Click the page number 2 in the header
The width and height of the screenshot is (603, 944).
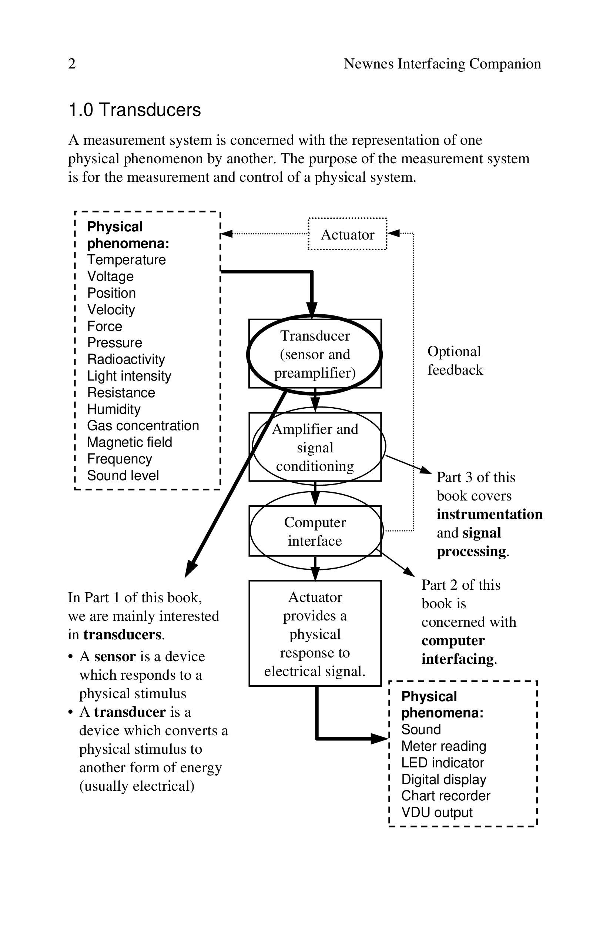[72, 64]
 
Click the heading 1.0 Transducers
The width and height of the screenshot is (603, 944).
[134, 110]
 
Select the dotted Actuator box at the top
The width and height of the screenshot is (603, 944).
[347, 234]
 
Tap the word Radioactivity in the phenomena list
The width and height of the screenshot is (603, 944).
[126, 359]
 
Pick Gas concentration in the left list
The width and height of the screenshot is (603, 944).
[143, 425]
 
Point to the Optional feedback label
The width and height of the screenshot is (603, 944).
[455, 361]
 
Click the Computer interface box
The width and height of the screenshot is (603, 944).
[315, 531]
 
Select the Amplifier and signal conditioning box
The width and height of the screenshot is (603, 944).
[315, 447]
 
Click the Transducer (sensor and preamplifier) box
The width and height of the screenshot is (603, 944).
[315, 354]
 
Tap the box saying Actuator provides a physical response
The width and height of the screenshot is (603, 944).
[315, 634]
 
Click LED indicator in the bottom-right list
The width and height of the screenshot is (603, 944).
[443, 763]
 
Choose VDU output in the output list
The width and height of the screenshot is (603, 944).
[437, 813]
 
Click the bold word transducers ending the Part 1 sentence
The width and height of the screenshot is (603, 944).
[122, 635]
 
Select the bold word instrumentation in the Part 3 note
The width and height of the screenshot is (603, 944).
[489, 514]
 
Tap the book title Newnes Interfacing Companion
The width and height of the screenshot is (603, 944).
[442, 64]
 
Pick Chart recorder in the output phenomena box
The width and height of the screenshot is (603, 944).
[446, 796]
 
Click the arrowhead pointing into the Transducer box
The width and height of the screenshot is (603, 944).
[312, 309]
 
